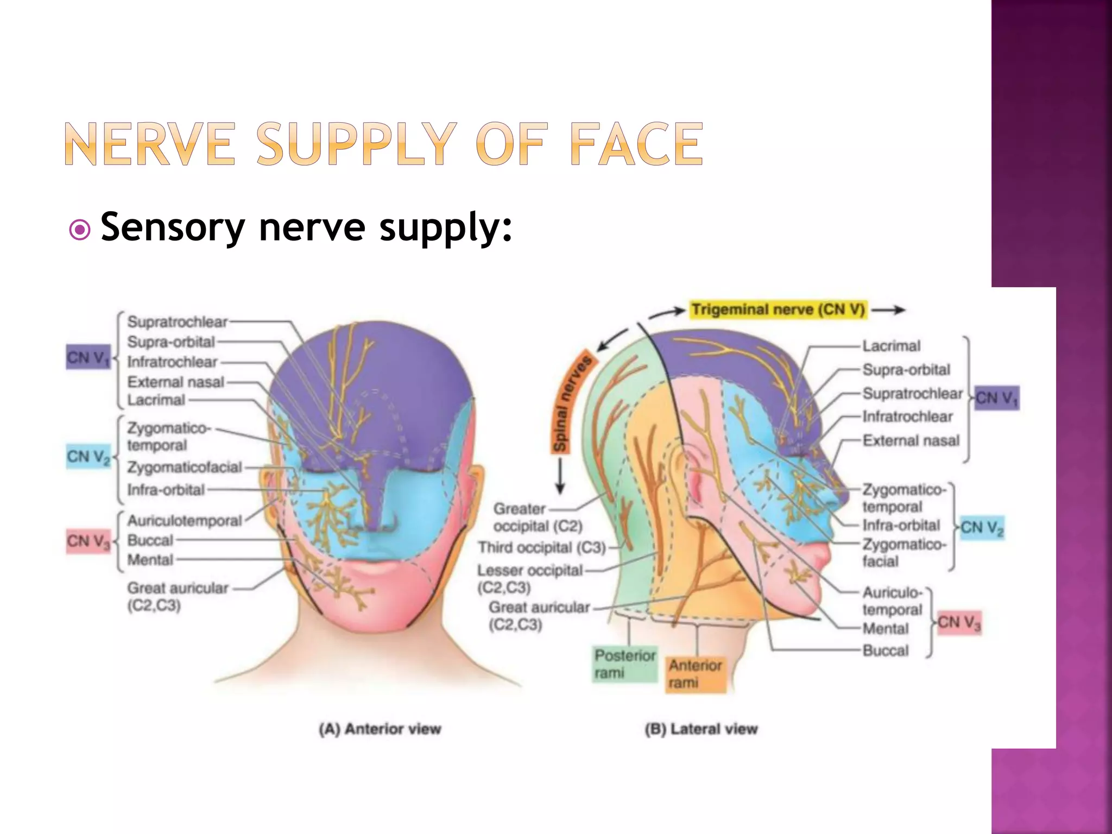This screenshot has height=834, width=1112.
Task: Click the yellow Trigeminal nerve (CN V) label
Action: pos(778,309)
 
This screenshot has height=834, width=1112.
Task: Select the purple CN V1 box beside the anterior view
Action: pos(88,357)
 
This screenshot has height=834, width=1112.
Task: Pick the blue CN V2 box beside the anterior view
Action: pos(88,456)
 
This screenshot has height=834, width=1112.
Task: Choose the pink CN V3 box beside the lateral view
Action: pos(959,622)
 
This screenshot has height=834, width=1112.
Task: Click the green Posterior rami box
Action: pos(624,664)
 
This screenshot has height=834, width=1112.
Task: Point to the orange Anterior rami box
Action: pos(695,673)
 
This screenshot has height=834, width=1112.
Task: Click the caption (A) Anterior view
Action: pos(380,729)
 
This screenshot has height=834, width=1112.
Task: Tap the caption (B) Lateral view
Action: pos(701,729)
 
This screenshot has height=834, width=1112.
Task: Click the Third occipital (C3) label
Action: pos(541,547)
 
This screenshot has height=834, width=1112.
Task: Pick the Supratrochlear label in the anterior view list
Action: pos(178,322)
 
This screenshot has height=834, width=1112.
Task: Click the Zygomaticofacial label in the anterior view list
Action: pos(184,467)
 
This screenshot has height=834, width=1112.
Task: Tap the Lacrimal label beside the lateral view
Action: pos(891,346)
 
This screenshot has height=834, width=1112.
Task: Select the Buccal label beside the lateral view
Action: pos(885,650)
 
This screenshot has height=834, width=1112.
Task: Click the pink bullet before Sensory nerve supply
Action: pos(80,230)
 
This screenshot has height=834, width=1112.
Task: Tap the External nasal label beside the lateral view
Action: pos(911,440)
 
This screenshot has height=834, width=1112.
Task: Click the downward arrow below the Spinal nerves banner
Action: pos(560,478)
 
